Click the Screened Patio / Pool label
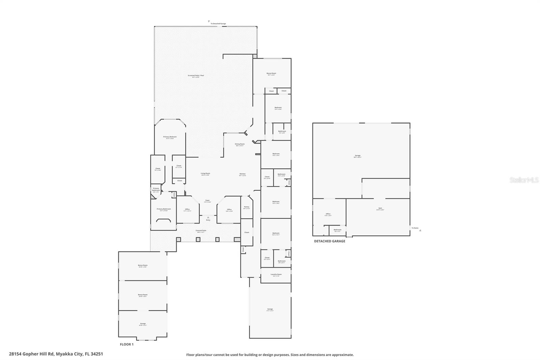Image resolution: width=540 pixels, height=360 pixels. (x=196, y=75)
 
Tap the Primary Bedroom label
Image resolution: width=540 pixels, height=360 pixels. (x=170, y=137)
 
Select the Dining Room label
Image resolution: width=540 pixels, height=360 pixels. (x=240, y=144)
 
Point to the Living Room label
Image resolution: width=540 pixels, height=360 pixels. (x=205, y=174)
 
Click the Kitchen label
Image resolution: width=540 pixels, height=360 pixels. (x=242, y=174)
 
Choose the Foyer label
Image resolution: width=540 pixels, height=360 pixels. (x=208, y=201)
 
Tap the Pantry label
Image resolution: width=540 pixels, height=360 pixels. (x=246, y=207)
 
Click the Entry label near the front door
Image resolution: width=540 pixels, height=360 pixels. (x=208, y=220)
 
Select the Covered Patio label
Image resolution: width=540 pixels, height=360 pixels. (x=201, y=231)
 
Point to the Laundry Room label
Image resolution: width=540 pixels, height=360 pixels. (x=276, y=274)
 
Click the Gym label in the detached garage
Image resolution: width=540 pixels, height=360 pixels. (x=380, y=208)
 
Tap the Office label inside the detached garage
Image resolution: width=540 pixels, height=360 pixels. (x=328, y=214)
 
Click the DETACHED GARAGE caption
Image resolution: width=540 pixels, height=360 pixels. (x=329, y=241)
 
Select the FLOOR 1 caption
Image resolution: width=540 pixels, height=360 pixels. (x=127, y=344)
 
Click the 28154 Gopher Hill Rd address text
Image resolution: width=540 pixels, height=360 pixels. (x=56, y=354)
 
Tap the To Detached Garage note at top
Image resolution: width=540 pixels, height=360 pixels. (x=218, y=24)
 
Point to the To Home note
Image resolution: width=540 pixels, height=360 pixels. (x=415, y=228)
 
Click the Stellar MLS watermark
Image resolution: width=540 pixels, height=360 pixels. (x=524, y=180)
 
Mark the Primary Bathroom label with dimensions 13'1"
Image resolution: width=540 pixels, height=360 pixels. (x=164, y=209)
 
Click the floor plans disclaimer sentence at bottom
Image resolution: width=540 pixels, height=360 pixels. (x=270, y=355)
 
